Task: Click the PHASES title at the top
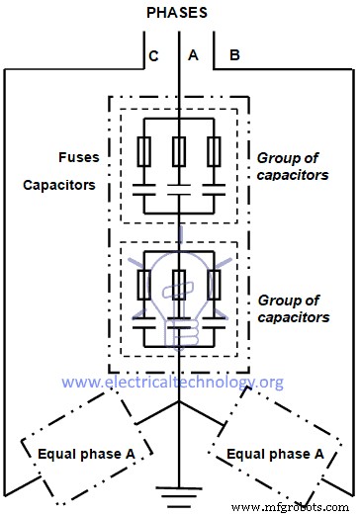[179, 13]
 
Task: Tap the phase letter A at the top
[193, 56]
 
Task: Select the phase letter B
[234, 56]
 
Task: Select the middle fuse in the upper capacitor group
[179, 151]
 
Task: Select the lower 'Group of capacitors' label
[294, 307]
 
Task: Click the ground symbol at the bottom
[179, 489]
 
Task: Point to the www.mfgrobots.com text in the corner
[302, 507]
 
